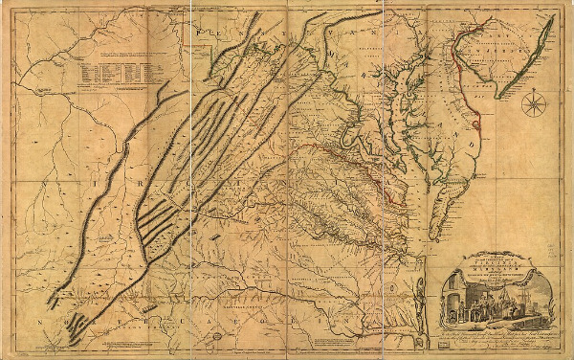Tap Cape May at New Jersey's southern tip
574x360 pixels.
pyautogui.click(x=498, y=96)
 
